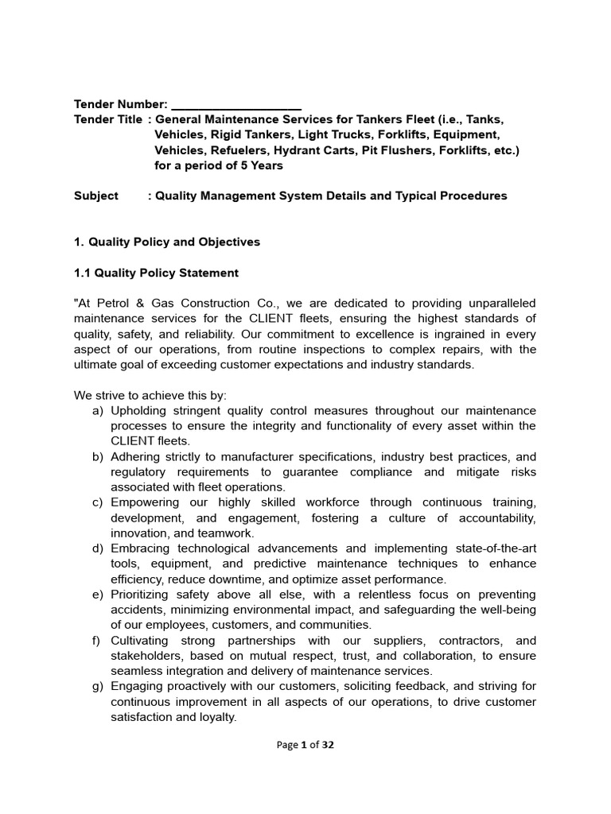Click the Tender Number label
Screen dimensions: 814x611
[120, 104]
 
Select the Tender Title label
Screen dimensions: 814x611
[108, 119]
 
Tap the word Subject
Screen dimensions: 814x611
[96, 196]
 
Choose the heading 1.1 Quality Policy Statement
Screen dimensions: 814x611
[156, 273]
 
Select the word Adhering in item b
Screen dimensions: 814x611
[136, 456]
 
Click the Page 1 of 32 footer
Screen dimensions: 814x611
[305, 745]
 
